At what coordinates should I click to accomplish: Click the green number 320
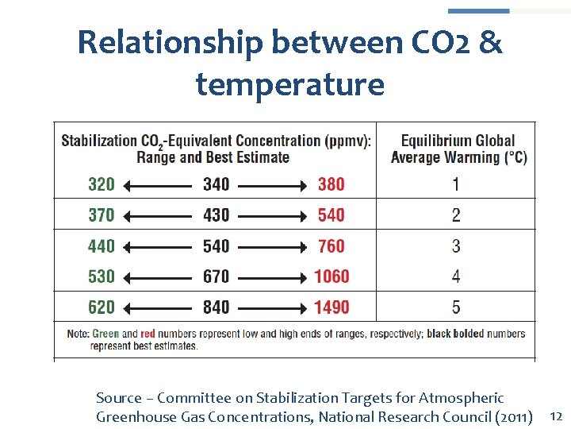(102, 184)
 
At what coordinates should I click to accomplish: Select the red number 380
(331, 184)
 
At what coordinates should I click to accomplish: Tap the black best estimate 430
(216, 215)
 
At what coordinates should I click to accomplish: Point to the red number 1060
(331, 276)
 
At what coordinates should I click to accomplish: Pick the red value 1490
(331, 307)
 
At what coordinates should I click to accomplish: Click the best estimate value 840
(216, 307)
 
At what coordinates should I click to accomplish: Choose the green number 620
(102, 307)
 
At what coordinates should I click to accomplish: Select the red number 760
(331, 246)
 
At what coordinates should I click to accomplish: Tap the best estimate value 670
(216, 276)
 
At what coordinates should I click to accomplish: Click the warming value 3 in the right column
(456, 246)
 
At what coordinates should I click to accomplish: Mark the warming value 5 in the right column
(456, 307)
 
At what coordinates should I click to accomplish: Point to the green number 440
(102, 246)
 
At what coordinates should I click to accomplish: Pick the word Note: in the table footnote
(78, 334)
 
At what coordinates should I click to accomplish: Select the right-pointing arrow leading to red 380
(272, 185)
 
